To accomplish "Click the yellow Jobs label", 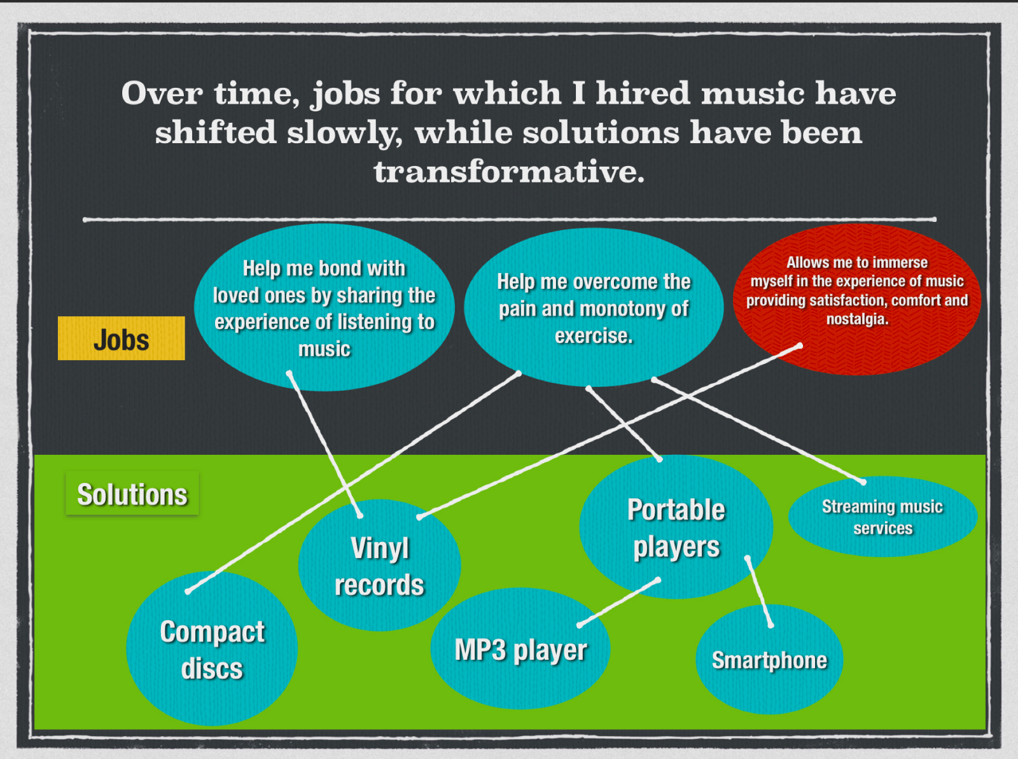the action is pos(121,338).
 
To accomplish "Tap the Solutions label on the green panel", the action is pos(132,493).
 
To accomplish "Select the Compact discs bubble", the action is pos(212,648).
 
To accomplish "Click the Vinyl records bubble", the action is pos(379,565).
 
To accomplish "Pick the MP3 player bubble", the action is pos(520,649).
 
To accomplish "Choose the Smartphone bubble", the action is pos(769,659).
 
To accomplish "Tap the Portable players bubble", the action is pos(676,527).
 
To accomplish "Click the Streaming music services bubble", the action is pos(883,517).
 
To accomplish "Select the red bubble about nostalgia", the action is pos(857,299).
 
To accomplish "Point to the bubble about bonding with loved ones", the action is pos(324,307).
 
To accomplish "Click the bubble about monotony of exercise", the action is pos(594,307).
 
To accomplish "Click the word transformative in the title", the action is pos(509,172).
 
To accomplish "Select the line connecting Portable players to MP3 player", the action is pos(618,602).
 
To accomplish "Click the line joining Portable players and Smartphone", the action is pos(759,592).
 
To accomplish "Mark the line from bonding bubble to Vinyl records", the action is pos(324,444).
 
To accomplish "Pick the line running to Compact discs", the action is pos(353,482).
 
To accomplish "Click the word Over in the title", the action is pos(162,93).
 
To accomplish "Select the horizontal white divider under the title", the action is pos(509,219).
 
